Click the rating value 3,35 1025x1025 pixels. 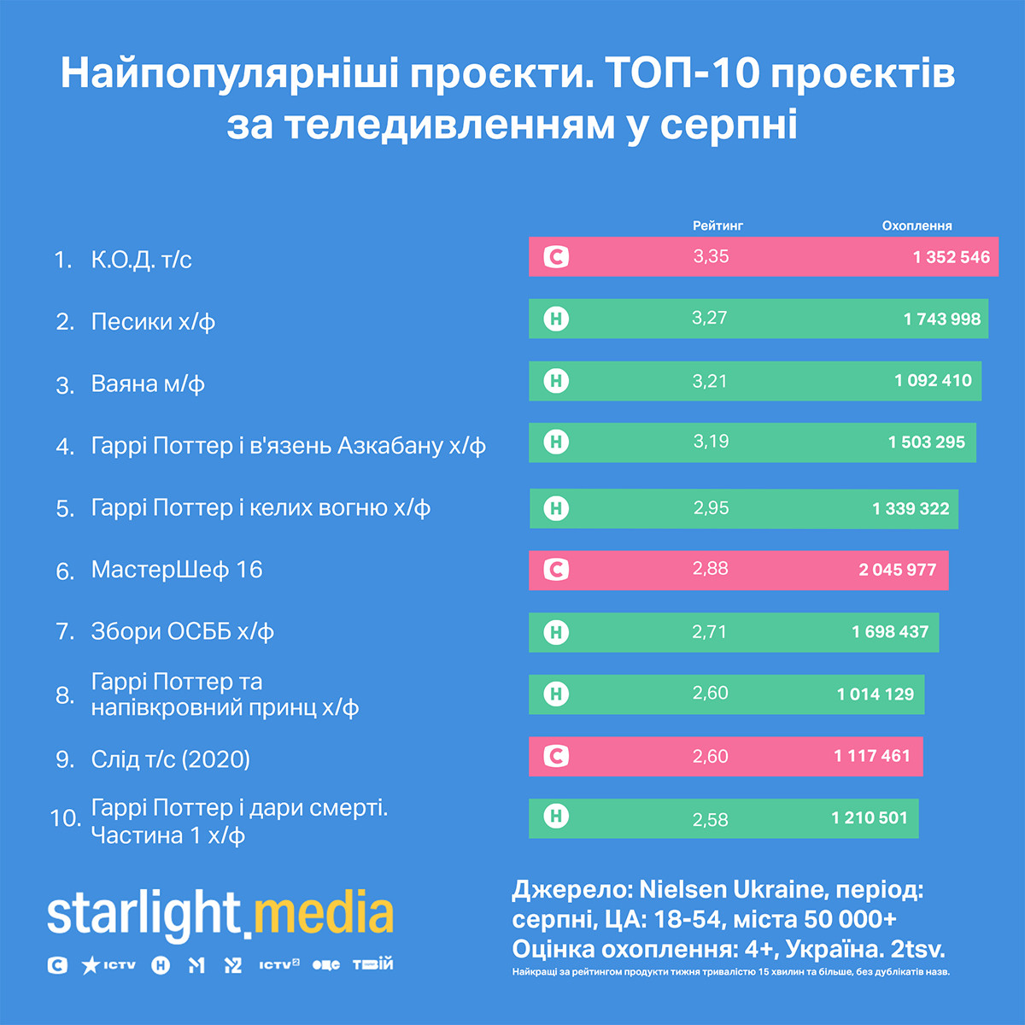pos(711,256)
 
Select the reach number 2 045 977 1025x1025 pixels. pos(897,570)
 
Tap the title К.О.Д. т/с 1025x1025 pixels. pos(141,260)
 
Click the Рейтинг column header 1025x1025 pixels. pos(717,225)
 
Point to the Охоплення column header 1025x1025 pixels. pos(917,225)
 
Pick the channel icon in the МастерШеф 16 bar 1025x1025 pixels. pos(556,570)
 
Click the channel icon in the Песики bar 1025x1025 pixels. pos(556,319)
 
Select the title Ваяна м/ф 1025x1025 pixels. pos(148,384)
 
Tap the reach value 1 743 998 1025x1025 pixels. pos(941,319)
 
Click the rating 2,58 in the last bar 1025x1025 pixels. pos(711,819)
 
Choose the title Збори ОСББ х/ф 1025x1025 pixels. pos(182,631)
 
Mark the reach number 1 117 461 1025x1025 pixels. pos(872,756)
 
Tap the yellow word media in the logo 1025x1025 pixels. pos(324,914)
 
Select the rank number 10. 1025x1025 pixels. pos(64,818)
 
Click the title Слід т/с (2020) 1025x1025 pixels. pos(170,759)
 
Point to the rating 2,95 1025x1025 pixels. pos(711,508)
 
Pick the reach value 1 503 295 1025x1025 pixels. pos(926,442)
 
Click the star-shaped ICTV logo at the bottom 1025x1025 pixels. pos(108,965)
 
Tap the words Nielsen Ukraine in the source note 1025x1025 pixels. pos(729,890)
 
